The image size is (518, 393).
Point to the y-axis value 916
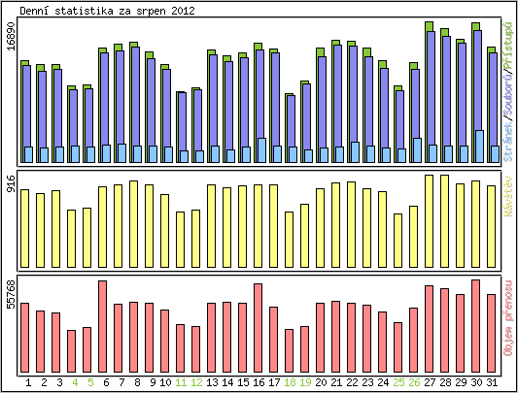(x=11, y=183)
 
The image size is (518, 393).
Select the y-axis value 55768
(x=11, y=293)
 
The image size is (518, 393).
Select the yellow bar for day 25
(x=397, y=240)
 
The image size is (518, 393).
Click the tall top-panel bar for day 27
(x=429, y=92)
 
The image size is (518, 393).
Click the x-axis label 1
(x=28, y=383)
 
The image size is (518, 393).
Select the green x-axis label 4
(x=75, y=383)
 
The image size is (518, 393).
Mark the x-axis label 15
(x=243, y=383)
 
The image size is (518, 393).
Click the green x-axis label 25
(x=398, y=383)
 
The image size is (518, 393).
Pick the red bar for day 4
(x=71, y=348)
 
